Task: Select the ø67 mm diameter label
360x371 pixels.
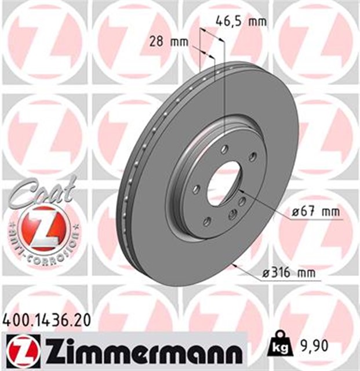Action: [315, 212]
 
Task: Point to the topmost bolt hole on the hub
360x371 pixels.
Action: [224, 150]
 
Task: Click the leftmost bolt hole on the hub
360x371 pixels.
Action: [196, 189]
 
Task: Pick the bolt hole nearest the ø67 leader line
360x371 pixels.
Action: [234, 215]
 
